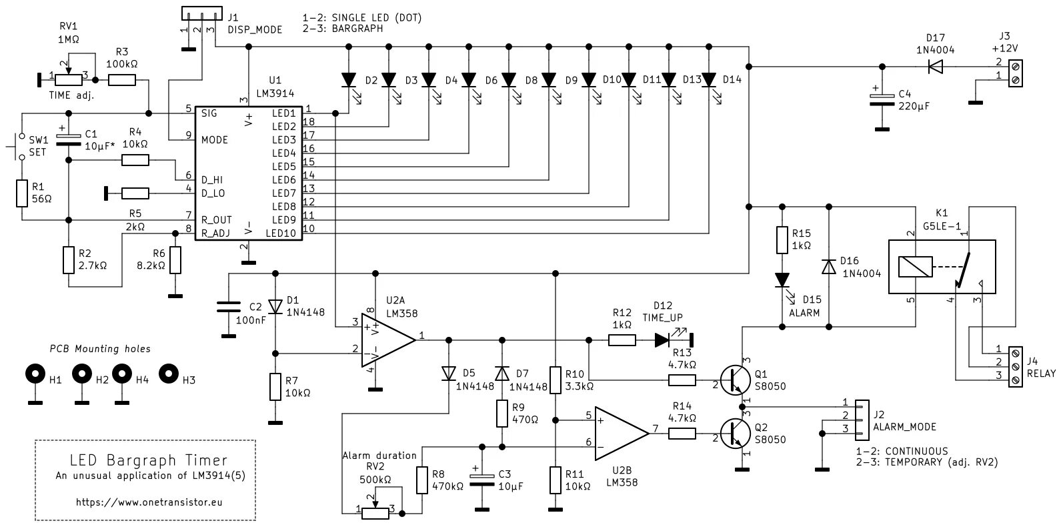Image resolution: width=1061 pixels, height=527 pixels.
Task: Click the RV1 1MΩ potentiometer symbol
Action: (67, 80)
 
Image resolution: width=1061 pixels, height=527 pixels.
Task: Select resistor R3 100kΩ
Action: (122, 80)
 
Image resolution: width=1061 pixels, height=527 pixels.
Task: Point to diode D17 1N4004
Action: (936, 66)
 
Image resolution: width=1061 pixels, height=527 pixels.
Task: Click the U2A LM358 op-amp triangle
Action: (386, 340)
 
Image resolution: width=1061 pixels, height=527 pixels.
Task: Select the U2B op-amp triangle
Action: (620, 432)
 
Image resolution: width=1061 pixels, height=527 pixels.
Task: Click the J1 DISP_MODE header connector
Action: (200, 13)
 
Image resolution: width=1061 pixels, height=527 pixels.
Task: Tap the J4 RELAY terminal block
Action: (1016, 364)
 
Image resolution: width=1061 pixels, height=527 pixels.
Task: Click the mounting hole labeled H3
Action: (169, 374)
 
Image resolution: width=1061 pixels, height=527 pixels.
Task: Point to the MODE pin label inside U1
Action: (215, 139)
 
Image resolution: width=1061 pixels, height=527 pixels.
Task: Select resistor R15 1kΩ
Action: (782, 240)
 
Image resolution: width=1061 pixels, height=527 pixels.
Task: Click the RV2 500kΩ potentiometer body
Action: (375, 511)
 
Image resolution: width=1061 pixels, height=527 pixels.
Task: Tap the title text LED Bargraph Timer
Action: (148, 460)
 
